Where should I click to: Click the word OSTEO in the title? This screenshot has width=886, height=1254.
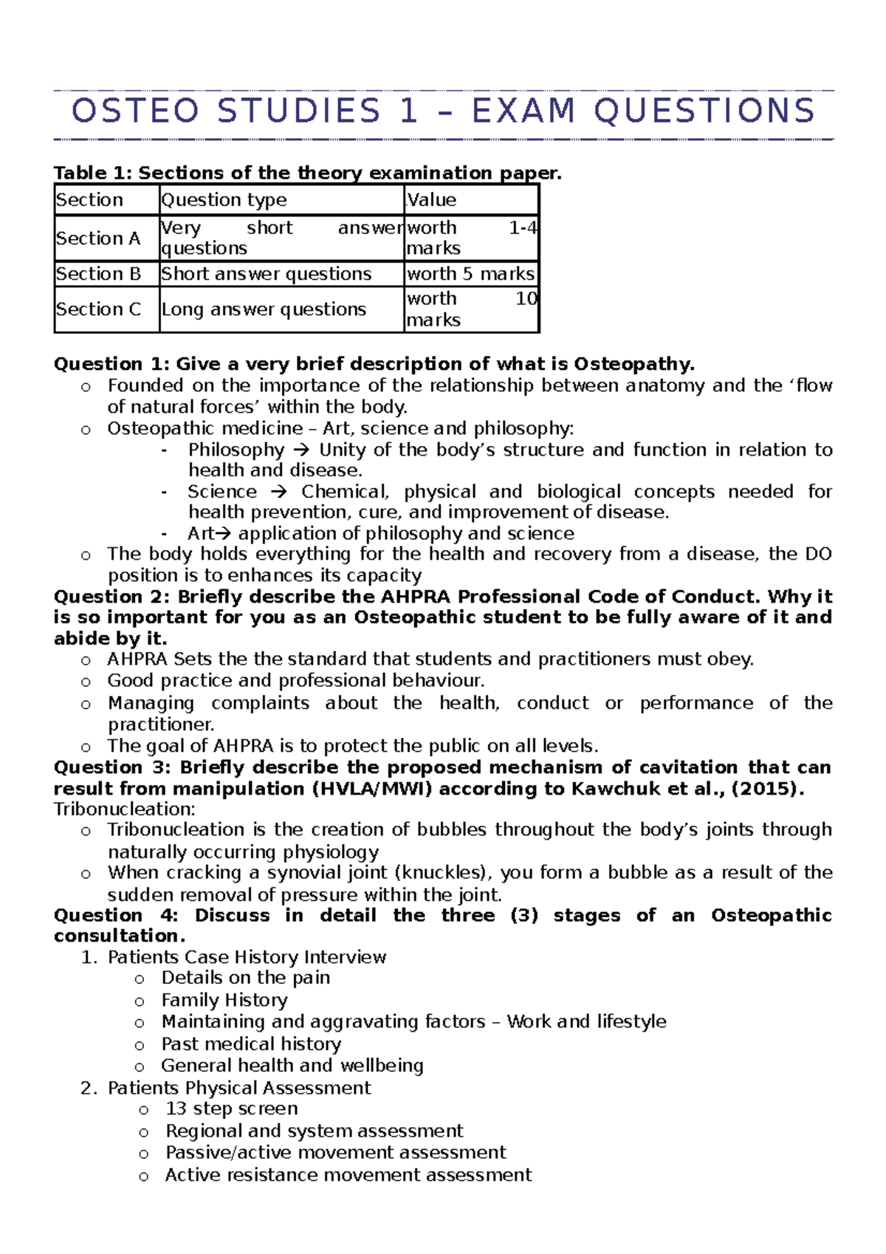coord(136,112)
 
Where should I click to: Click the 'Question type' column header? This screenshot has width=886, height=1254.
coord(224,200)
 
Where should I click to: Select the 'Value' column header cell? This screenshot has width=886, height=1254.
coord(432,200)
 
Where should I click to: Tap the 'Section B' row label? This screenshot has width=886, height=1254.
coord(98,274)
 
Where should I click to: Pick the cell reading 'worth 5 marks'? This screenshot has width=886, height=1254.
coord(470,274)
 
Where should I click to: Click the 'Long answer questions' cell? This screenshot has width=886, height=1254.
coord(264,309)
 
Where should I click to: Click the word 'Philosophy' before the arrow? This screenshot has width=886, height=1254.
coord(236,450)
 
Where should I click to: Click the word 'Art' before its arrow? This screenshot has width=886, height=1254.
coord(199,534)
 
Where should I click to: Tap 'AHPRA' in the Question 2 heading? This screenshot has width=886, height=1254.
coord(416,597)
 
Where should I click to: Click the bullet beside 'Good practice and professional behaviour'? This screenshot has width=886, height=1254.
coord(86,682)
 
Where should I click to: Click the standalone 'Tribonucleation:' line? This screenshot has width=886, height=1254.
coord(124,809)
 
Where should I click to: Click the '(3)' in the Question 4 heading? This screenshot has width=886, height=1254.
coord(523,916)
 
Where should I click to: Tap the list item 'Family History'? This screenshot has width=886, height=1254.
coord(224,1001)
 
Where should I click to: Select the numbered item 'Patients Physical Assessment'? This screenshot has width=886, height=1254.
coord(239,1088)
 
